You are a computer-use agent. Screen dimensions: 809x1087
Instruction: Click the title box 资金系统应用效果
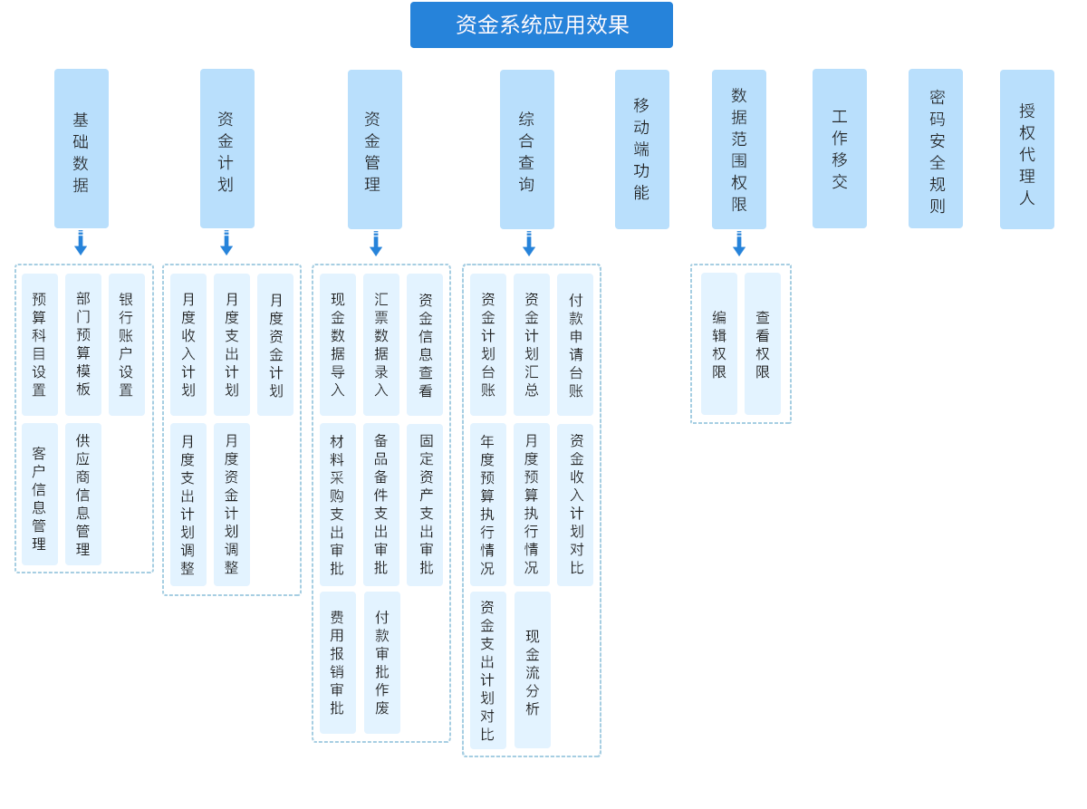coord(541,24)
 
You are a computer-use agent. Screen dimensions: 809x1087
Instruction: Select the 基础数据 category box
coord(82,149)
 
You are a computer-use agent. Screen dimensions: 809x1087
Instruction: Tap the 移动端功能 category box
coord(641,149)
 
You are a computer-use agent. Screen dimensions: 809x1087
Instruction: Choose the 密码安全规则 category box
coord(936,149)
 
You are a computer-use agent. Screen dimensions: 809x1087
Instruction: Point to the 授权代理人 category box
coord(1026,149)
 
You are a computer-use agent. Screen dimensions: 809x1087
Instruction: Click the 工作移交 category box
coord(839,149)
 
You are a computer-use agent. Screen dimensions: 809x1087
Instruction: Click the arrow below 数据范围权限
coord(739,244)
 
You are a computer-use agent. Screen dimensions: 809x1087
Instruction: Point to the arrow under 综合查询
coord(529,244)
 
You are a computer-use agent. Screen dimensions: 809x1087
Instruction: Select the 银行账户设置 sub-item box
coord(126,344)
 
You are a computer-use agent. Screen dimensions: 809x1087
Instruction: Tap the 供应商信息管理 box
coord(82,494)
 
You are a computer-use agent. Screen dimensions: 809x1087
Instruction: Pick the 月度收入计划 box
coord(188,344)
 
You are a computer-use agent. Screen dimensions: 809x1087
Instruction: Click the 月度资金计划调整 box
coord(232,504)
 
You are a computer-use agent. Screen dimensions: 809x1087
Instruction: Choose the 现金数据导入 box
coord(337,344)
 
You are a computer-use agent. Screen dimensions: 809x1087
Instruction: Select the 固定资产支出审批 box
coord(425,504)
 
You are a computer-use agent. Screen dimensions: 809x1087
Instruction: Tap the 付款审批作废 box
coord(381,662)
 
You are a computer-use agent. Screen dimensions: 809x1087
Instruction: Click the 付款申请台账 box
coord(575,344)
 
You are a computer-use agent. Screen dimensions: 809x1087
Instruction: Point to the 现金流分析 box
coord(532,669)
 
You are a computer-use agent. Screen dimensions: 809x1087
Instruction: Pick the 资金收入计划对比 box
coord(575,504)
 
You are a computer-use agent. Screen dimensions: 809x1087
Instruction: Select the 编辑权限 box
coord(718,344)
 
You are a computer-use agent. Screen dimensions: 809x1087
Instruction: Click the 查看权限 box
coord(762,344)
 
